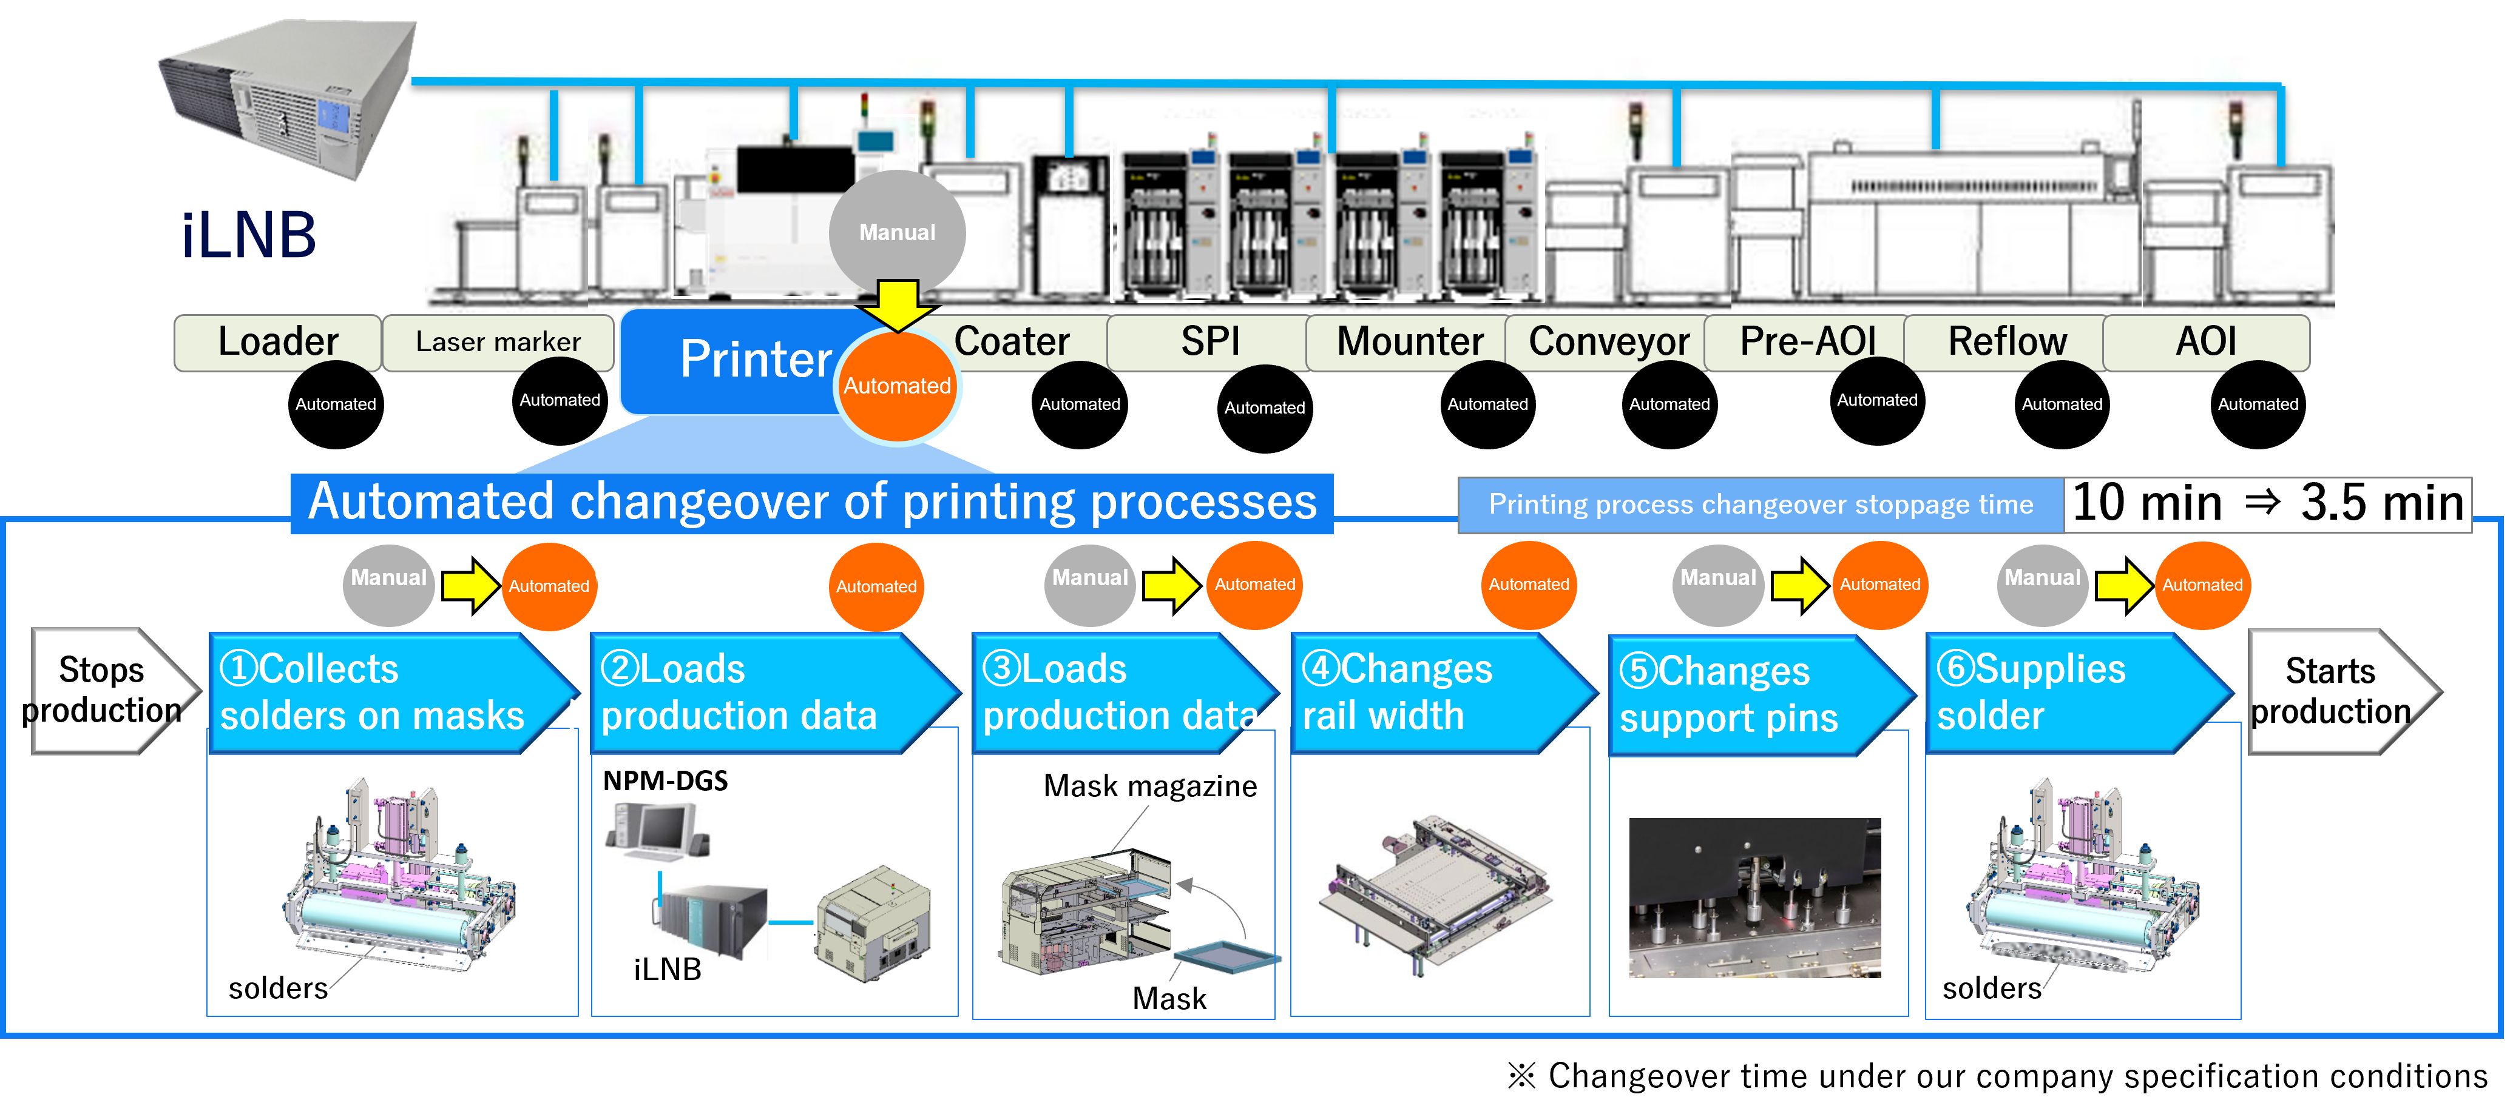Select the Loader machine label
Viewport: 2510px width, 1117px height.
point(278,342)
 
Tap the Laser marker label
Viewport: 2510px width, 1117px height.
point(498,342)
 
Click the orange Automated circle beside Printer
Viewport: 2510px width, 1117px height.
point(896,386)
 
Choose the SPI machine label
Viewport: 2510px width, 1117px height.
point(1209,342)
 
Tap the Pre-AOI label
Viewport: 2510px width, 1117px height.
point(1807,342)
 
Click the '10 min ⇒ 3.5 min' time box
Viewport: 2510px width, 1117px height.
point(2267,503)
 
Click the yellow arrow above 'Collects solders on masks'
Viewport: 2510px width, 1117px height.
point(470,585)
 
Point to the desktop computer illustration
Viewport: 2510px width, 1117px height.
point(658,833)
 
